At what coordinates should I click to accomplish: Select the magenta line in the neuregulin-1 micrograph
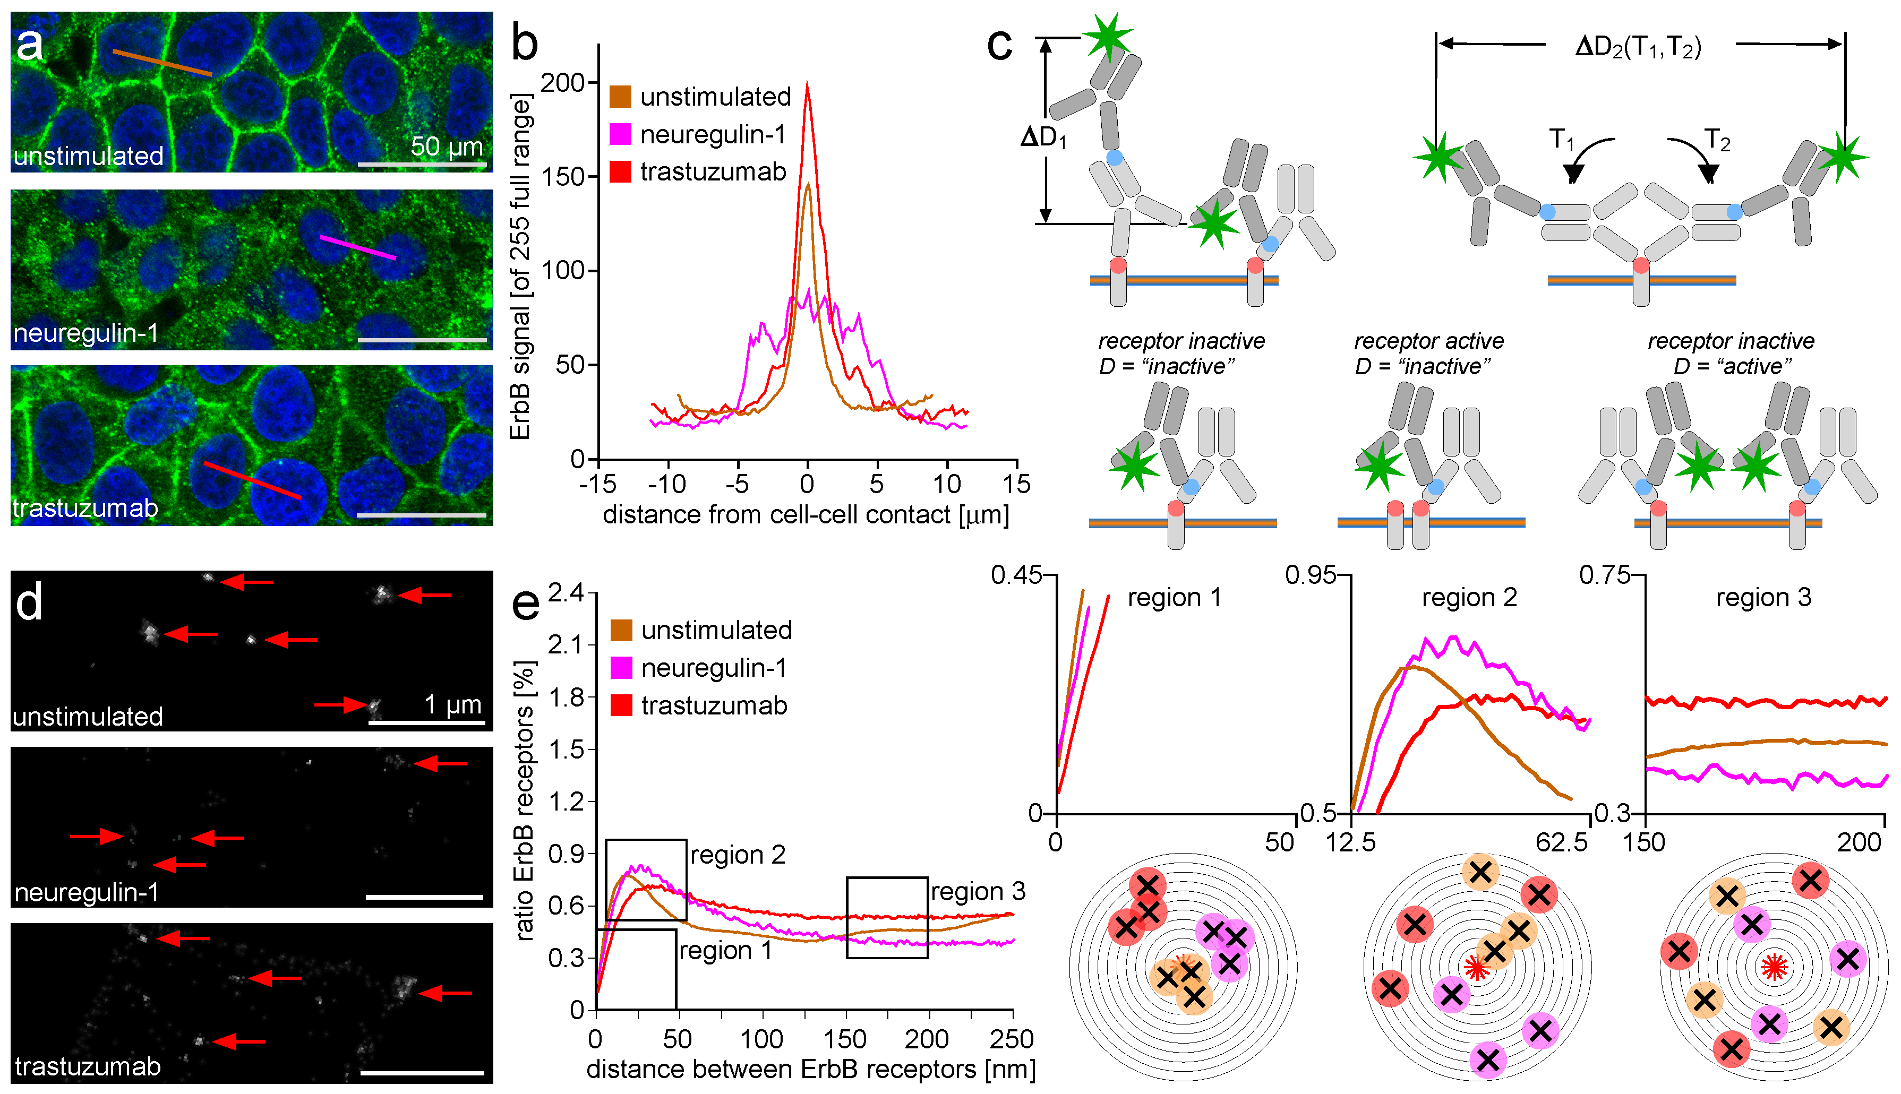point(358,247)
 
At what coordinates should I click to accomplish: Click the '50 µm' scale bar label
point(447,146)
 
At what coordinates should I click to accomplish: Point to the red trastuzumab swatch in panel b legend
point(620,172)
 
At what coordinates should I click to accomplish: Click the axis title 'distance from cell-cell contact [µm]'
point(806,515)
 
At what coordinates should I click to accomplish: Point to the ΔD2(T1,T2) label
point(1638,47)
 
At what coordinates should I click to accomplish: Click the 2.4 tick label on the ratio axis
point(566,593)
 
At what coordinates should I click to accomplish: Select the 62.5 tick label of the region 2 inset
point(1562,842)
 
